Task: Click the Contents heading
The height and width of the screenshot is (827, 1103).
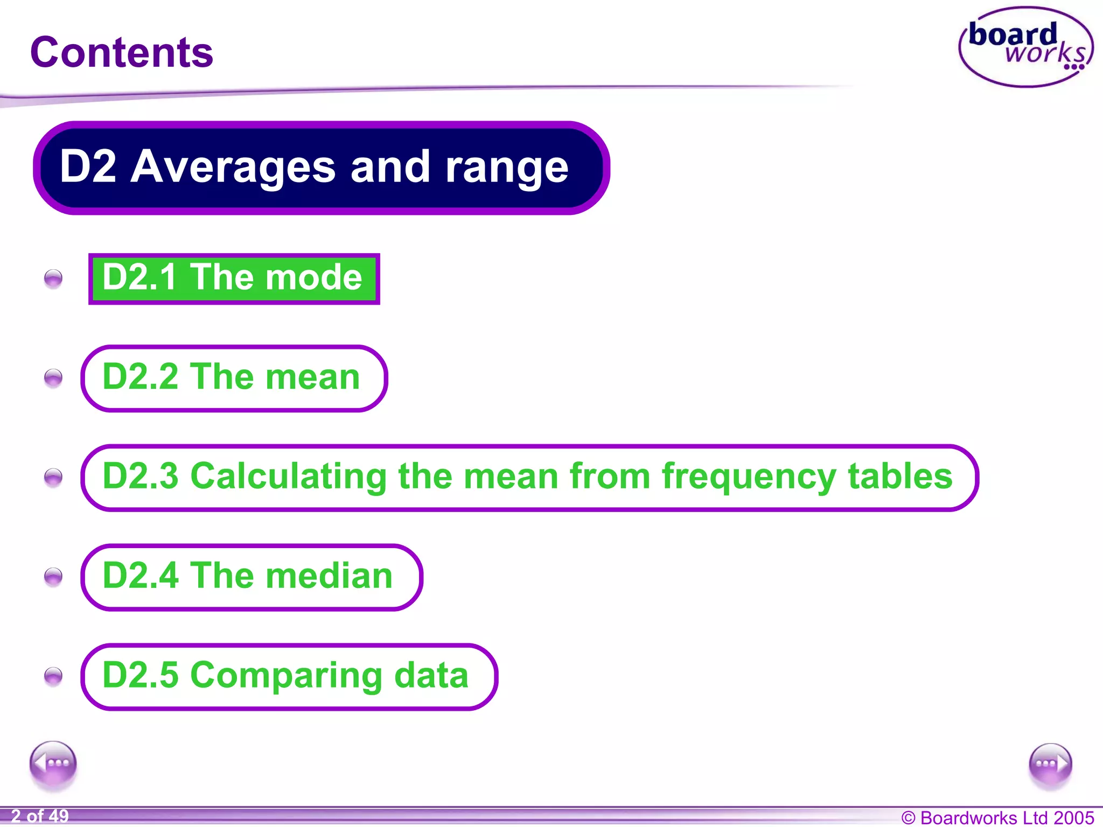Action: pos(122,53)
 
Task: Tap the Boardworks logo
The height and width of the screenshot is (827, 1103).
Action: pos(1026,47)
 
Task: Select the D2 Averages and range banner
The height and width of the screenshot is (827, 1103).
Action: pos(321,167)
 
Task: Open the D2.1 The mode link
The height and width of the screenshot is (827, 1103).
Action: pos(234,278)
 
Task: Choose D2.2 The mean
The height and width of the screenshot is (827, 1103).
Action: pos(234,378)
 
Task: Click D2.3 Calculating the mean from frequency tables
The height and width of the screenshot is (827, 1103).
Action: pos(529,478)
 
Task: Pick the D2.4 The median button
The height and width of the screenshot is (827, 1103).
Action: pos(251,577)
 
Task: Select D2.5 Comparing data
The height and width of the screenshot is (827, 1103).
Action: pos(289,676)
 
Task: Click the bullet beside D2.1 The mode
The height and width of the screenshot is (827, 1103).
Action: pos(53,279)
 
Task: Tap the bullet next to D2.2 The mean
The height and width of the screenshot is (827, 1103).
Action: pos(53,378)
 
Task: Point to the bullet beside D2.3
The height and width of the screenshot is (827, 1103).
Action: pos(53,477)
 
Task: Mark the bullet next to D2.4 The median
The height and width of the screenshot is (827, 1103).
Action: pos(53,577)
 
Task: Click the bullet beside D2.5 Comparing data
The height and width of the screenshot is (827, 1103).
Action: pos(53,676)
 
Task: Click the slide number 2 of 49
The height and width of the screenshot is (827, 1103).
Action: pos(40,816)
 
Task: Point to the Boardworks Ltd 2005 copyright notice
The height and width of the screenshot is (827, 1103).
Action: pos(997,817)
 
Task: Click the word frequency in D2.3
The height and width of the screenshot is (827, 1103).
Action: pos(749,478)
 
